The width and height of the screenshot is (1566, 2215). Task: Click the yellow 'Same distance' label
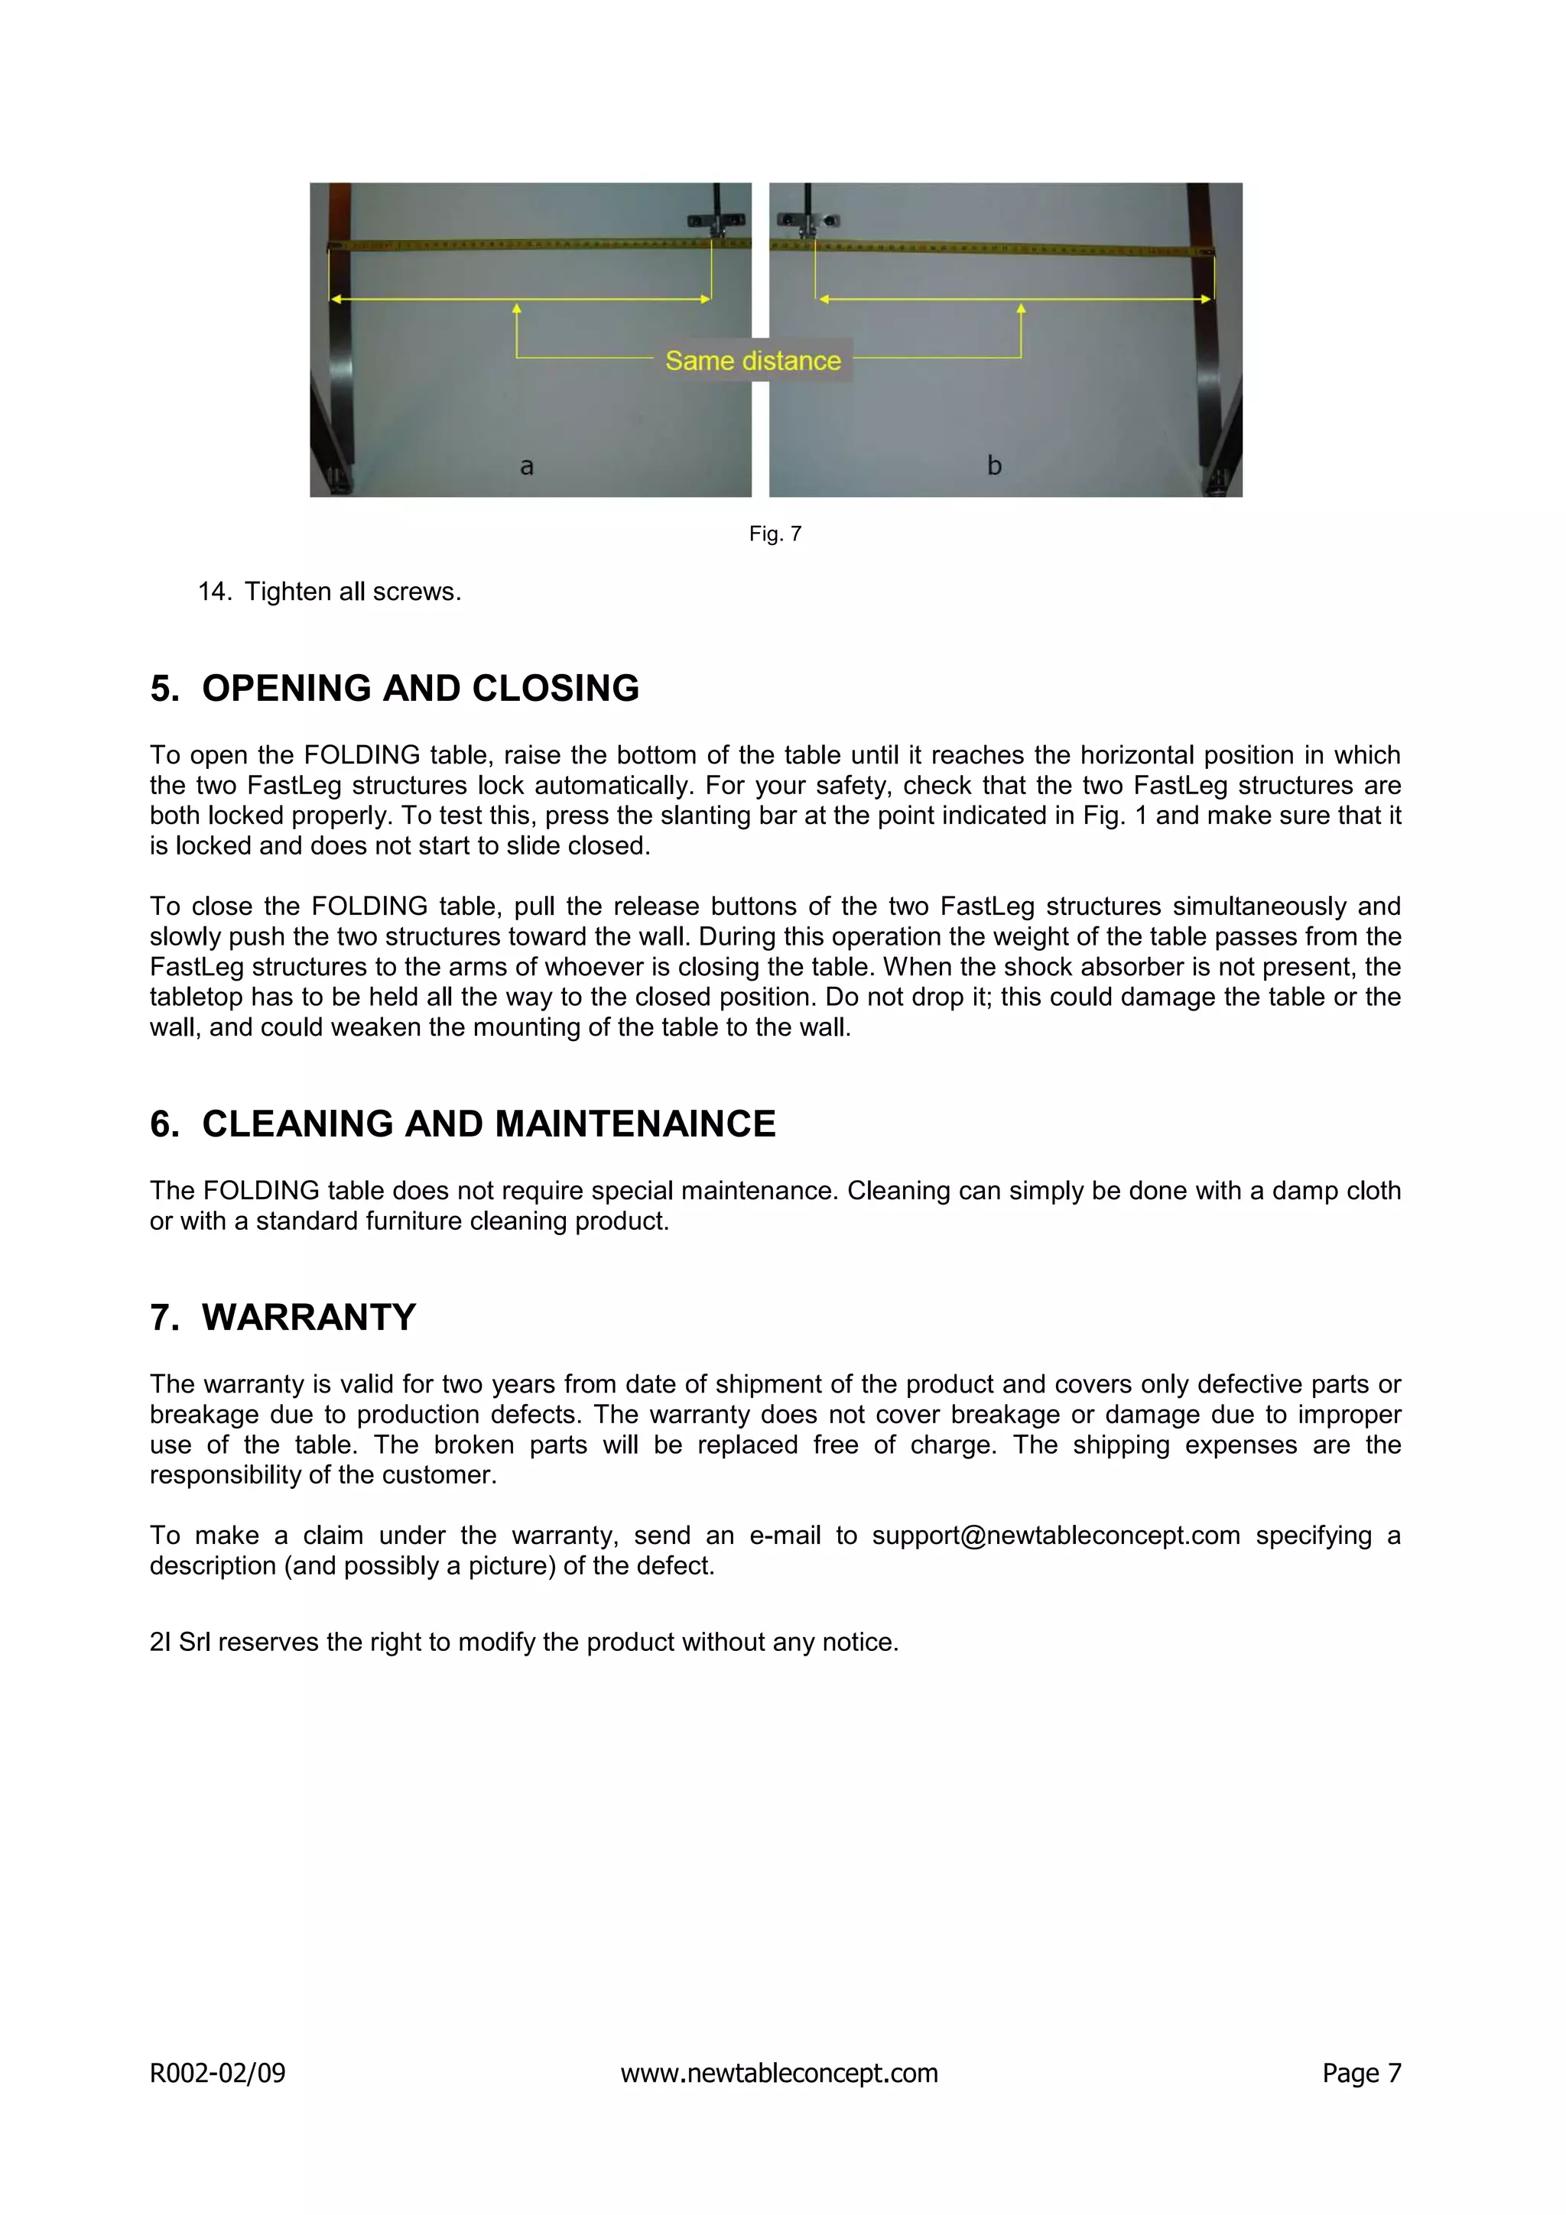tap(752, 361)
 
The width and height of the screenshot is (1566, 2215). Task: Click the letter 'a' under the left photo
tap(527, 466)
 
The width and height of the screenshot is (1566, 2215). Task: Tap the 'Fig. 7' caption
tap(775, 533)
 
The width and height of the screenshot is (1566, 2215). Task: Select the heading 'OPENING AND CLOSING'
tap(420, 688)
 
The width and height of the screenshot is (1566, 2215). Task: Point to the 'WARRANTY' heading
tap(309, 1317)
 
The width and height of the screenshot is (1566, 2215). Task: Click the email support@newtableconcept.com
tap(1055, 1535)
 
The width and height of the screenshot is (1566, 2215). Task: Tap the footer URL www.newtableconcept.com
tap(778, 2072)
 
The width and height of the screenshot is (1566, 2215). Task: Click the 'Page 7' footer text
tap(1360, 2072)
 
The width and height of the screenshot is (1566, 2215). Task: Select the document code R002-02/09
tap(217, 2072)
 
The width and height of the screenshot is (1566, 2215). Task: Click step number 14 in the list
tap(214, 592)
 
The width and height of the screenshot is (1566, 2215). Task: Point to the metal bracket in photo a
tap(716, 222)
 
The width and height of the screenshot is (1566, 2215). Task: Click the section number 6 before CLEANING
tap(163, 1124)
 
